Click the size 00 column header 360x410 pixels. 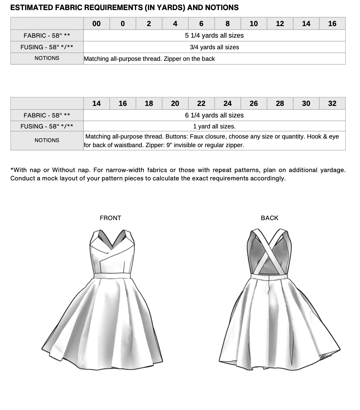coord(97,24)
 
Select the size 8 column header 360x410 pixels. coord(228,24)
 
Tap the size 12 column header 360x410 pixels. coord(280,24)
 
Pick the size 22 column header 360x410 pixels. coord(201,104)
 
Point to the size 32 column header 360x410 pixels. coord(332,104)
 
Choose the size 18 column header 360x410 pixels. coord(149,104)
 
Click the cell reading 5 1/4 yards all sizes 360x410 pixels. coord(214,36)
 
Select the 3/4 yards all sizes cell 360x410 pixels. coord(214,47)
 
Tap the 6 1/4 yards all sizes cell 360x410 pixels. coord(214,115)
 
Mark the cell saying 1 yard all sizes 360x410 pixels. coord(214,127)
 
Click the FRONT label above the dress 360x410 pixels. coord(110,218)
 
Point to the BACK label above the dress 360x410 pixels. coord(269,218)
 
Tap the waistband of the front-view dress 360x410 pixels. coord(112,276)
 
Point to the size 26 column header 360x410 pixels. coord(254,104)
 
